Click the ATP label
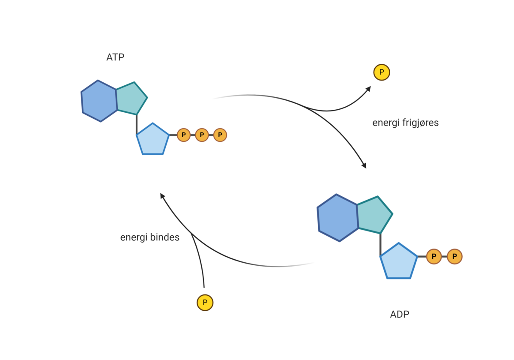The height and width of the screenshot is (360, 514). tap(115, 57)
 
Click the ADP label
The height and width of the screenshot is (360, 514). tap(400, 314)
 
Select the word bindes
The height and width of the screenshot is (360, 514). tap(165, 237)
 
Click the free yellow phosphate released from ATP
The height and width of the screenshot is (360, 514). tap(382, 72)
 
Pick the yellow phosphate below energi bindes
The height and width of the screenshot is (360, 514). tap(205, 303)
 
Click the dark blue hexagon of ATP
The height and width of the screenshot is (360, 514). tap(99, 101)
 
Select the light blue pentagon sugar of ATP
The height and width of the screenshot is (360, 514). tap(152, 140)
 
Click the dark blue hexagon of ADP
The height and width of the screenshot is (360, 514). tap(338, 218)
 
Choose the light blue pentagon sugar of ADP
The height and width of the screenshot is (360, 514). tap(398, 261)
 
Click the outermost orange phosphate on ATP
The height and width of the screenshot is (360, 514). tap(220, 135)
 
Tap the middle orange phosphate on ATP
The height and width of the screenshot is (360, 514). tap(202, 135)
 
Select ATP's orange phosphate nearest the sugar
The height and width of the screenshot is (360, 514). tap(184, 135)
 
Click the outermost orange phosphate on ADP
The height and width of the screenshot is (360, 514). tap(454, 257)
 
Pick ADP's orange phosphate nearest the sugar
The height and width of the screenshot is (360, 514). tap(434, 257)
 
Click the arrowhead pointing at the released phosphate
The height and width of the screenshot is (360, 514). tap(368, 89)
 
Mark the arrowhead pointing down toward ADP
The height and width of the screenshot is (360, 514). tap(364, 165)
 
